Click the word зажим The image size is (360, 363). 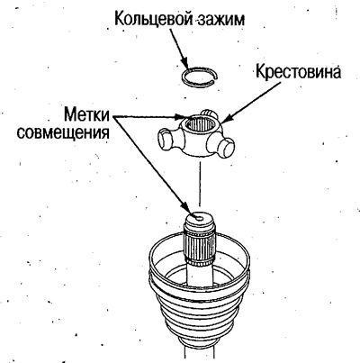pyautogui.click(x=220, y=20)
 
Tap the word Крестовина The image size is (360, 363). pyautogui.click(x=298, y=72)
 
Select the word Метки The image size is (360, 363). pyautogui.click(x=87, y=114)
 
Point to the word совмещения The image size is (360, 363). pyautogui.click(x=63, y=132)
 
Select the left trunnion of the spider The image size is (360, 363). pyautogui.click(x=167, y=140)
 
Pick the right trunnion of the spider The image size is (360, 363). pyautogui.click(x=225, y=147)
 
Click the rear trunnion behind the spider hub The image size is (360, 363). pyautogui.click(x=209, y=114)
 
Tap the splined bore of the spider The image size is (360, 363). pyautogui.click(x=199, y=125)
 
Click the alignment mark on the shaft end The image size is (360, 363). pyautogui.click(x=199, y=218)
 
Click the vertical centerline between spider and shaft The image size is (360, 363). pyautogui.click(x=200, y=186)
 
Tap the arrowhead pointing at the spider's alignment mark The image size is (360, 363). pyautogui.click(x=184, y=117)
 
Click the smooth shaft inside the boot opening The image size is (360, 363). pyautogui.click(x=200, y=274)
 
